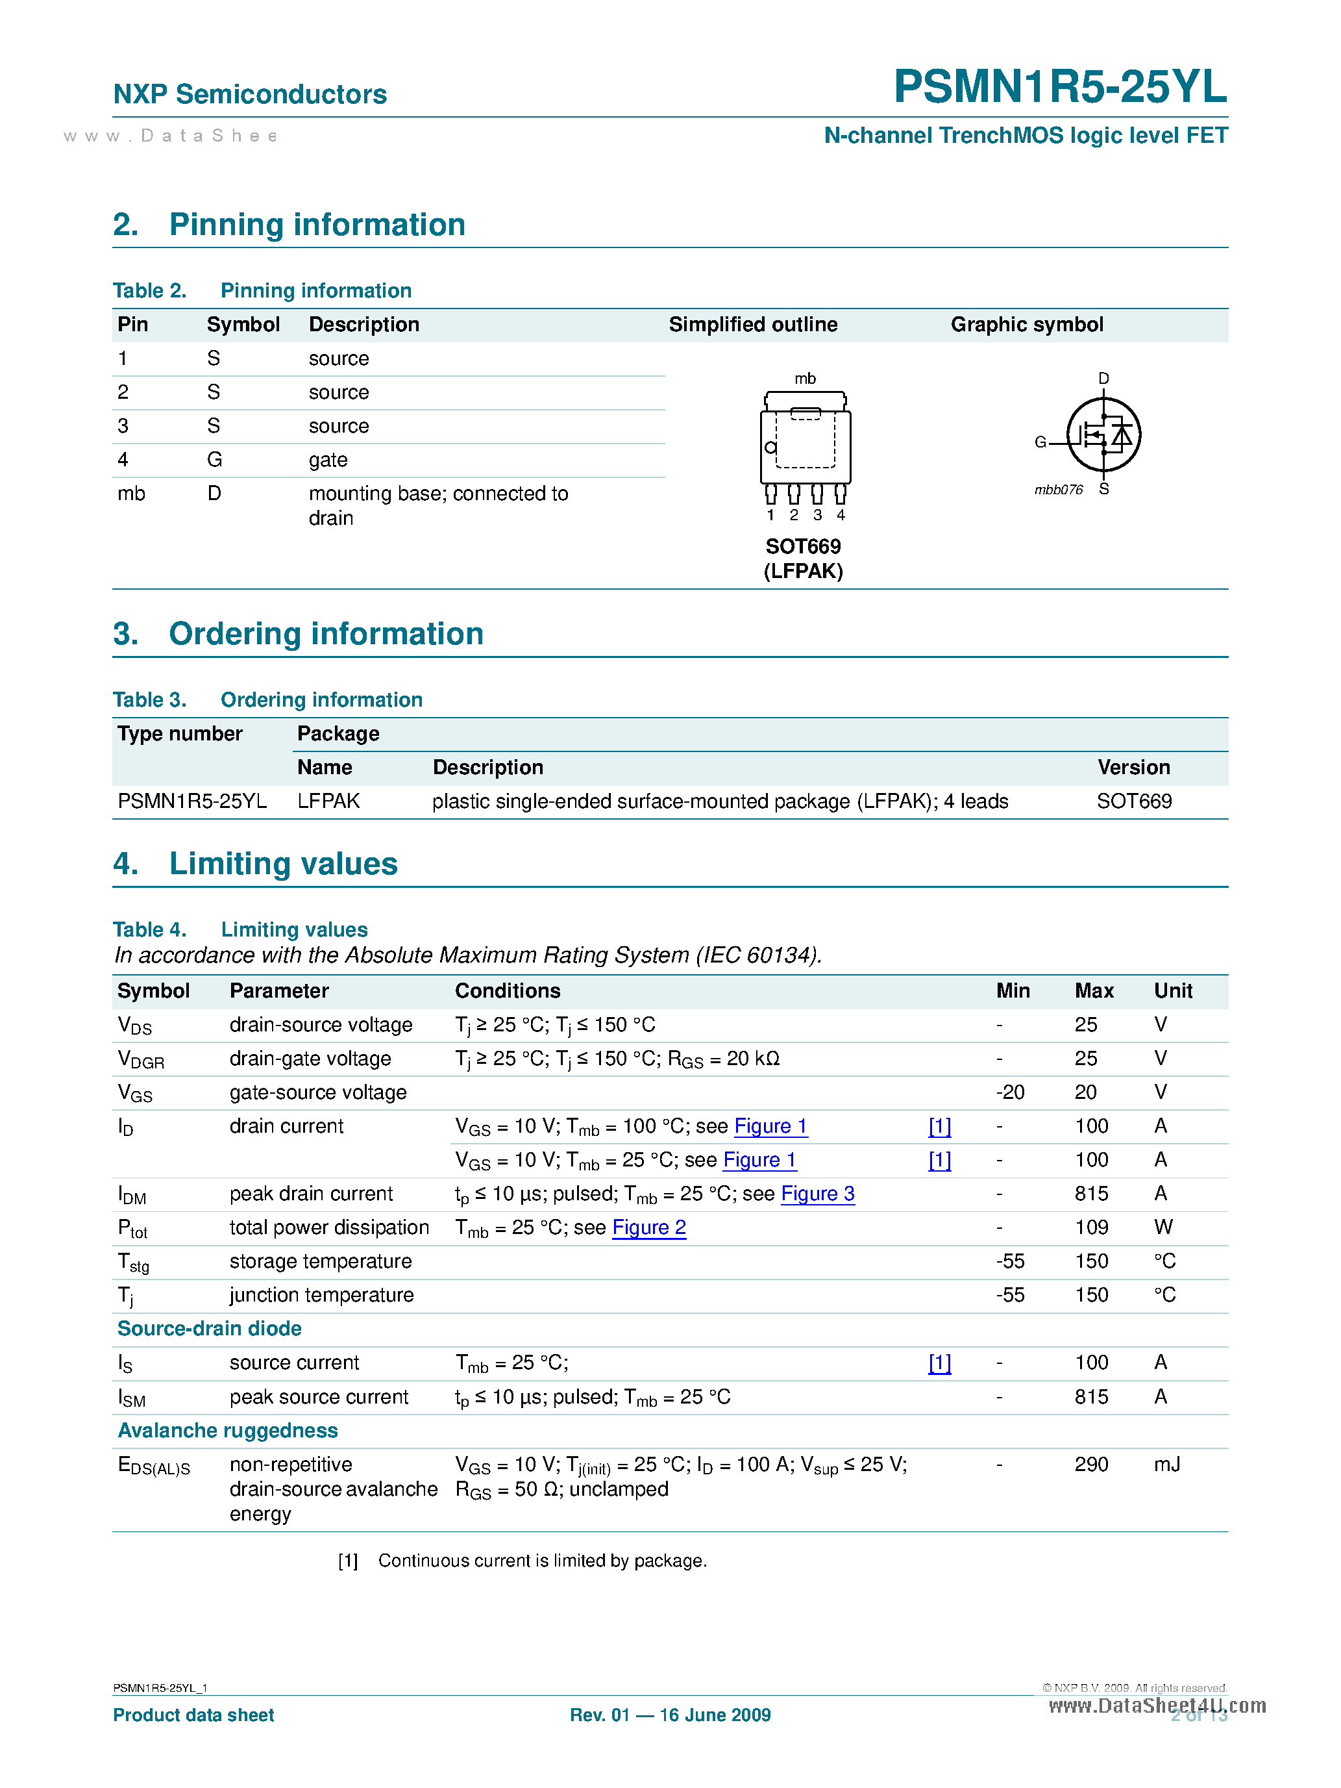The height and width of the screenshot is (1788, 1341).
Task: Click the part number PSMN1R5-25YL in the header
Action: (1060, 86)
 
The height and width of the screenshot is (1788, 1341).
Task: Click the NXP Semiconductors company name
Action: (250, 95)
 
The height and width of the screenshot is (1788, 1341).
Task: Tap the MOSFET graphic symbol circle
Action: (1103, 435)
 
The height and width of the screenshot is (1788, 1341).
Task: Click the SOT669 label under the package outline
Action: (803, 546)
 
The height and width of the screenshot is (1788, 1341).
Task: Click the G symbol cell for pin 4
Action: (214, 460)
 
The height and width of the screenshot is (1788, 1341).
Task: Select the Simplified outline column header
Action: (752, 325)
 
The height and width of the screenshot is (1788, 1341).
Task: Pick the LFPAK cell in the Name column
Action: (328, 801)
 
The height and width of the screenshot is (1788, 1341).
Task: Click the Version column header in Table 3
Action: (1133, 767)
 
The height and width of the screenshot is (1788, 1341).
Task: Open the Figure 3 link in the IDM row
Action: (818, 1194)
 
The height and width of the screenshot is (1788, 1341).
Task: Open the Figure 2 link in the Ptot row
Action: (648, 1228)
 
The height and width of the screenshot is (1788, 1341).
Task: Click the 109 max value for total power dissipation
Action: (1091, 1228)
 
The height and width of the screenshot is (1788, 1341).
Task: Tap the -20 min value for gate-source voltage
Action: (1010, 1093)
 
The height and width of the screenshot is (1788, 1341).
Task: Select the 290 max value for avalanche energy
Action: (1091, 1465)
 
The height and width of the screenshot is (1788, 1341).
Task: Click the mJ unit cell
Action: (1166, 1465)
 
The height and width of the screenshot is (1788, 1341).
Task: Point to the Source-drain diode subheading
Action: (209, 1329)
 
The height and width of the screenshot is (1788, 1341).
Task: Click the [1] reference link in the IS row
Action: (939, 1363)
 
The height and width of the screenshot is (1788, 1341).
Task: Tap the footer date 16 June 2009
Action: (715, 1715)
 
